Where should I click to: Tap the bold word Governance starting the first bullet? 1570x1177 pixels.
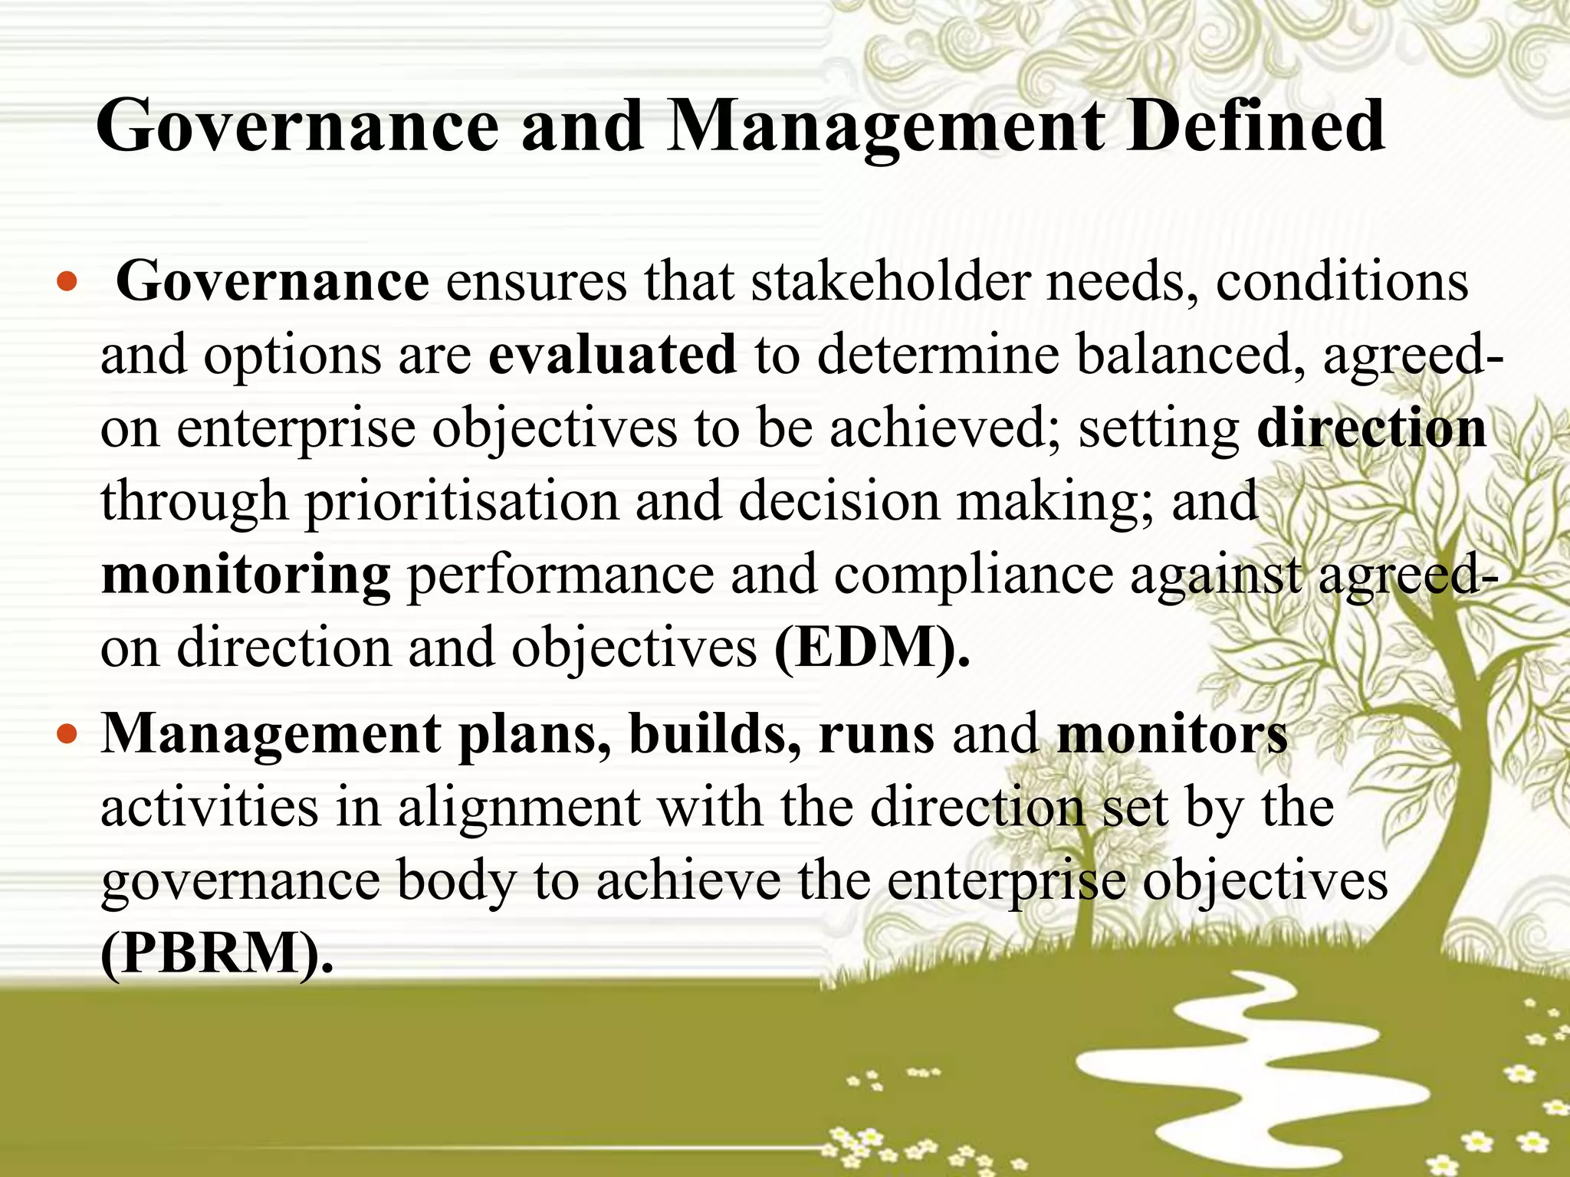272,281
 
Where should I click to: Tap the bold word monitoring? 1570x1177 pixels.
245,575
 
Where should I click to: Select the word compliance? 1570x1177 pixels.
973,575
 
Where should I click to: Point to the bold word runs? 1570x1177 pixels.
876,733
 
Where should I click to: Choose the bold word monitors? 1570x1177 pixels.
1172,733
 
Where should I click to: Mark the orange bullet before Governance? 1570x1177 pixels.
67,284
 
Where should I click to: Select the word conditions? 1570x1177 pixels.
1342,281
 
